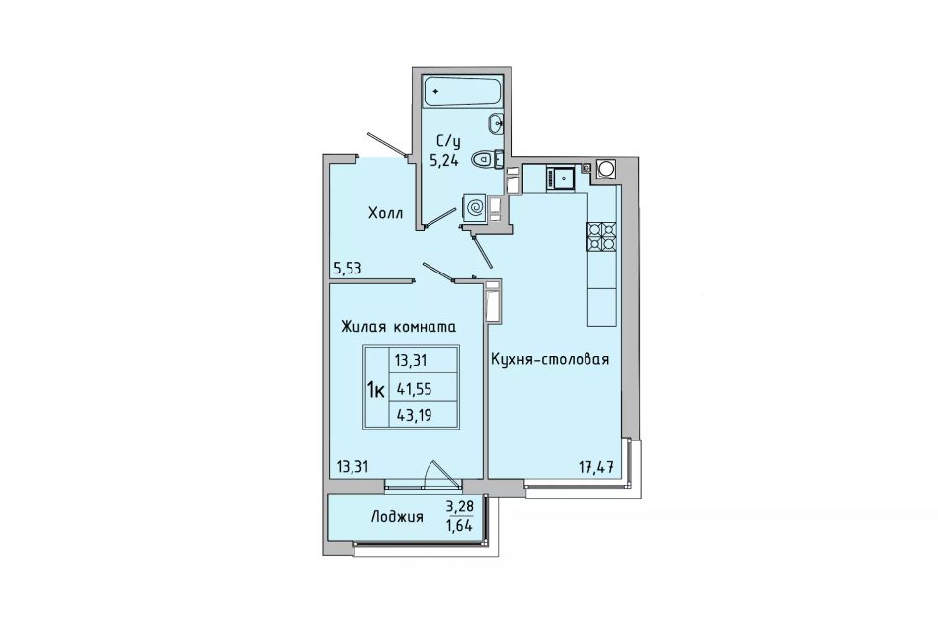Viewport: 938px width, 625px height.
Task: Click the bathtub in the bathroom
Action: [x=461, y=91]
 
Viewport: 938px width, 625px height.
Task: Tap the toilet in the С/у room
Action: [x=488, y=160]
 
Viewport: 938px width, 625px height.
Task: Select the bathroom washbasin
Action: [x=496, y=123]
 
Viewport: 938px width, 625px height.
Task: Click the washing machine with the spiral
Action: [x=476, y=208]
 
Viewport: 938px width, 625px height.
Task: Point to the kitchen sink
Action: [x=561, y=178]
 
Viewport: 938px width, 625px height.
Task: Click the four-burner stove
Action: [x=601, y=236]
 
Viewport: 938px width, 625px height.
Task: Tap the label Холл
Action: [x=385, y=213]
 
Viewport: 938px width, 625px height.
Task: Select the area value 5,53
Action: [x=347, y=268]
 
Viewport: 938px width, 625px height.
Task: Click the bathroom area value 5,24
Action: [x=444, y=160]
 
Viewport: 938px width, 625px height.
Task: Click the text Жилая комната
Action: [x=399, y=327]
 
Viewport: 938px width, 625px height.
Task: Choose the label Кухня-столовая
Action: [x=550, y=360]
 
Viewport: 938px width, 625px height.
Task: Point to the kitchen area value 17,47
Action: [x=596, y=467]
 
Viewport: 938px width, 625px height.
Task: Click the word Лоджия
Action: [x=397, y=517]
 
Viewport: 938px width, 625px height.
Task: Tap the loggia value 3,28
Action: [x=459, y=508]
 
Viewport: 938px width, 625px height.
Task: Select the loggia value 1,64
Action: [x=459, y=526]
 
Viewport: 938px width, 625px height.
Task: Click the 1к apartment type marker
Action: [x=375, y=391]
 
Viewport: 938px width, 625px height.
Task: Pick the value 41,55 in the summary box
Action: [x=413, y=389]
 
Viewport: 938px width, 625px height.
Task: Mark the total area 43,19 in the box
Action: [x=413, y=414]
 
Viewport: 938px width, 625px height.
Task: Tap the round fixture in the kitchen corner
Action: [x=605, y=169]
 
